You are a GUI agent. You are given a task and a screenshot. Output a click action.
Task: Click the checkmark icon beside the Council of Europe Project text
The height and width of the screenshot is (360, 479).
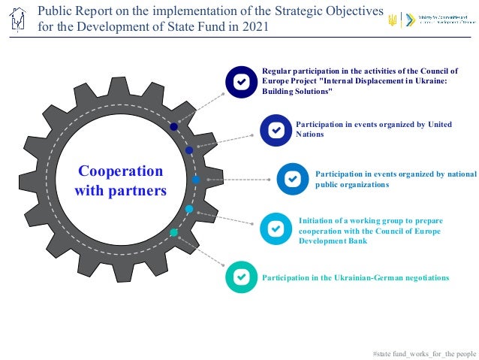pos(242,81)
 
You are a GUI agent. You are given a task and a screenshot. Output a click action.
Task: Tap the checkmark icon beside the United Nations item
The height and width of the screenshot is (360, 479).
pos(276,129)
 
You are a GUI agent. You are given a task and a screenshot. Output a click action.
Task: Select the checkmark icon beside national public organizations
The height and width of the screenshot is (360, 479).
pos(293,179)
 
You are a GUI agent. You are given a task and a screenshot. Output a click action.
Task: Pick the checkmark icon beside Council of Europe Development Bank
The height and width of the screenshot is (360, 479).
pos(276,228)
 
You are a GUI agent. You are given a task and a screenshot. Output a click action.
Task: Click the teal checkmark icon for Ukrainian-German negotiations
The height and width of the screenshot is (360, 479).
pos(242,277)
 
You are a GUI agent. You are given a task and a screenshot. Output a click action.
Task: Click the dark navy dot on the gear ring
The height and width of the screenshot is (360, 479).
pos(174,127)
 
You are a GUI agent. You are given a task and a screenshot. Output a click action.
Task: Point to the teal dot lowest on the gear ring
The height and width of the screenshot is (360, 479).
pos(174,232)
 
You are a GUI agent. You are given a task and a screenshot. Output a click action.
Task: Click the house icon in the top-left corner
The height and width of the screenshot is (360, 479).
pos(19,20)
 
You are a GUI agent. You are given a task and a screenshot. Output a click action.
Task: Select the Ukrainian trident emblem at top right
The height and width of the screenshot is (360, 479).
pos(392,20)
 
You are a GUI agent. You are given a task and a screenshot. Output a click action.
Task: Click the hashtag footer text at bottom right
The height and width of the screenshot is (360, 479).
pos(424,352)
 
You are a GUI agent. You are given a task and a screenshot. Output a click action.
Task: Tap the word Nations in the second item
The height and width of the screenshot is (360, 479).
pos(310,135)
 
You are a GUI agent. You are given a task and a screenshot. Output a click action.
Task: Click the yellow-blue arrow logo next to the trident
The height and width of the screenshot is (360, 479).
pos(408,20)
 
